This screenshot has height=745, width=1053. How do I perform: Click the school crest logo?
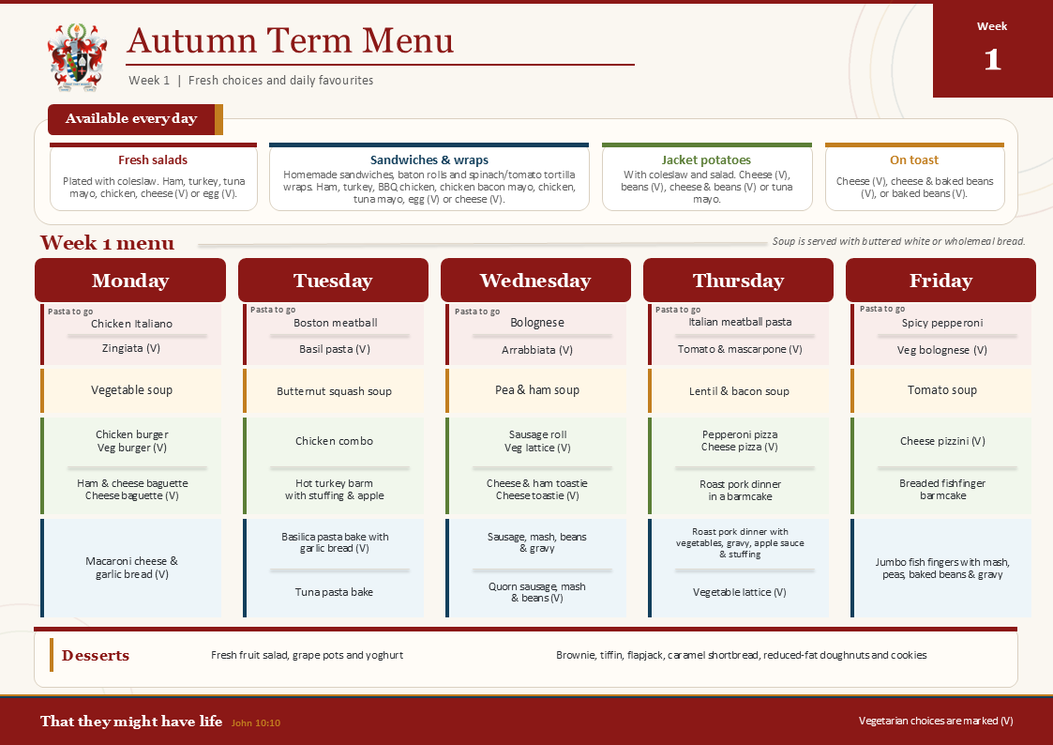pos(77,57)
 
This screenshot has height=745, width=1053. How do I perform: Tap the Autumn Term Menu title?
pos(290,40)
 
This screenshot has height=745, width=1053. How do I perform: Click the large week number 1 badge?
pos(993,60)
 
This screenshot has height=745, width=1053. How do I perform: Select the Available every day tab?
pos(131,119)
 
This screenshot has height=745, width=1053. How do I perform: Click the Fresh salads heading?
pos(153,160)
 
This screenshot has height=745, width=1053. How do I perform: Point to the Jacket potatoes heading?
pos(706,160)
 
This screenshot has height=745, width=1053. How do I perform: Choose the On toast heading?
pos(914,160)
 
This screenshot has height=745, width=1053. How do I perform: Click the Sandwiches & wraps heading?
pos(429,160)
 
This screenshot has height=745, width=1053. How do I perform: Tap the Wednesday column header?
pos(535,281)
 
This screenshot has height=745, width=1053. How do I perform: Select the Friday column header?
pos(940,281)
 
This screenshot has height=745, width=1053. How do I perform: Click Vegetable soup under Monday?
pos(131,390)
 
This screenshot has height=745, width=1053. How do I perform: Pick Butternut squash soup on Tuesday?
pos(334,391)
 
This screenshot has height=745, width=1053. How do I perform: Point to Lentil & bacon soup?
pos(739,391)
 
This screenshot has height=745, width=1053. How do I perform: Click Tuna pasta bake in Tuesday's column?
pos(334,592)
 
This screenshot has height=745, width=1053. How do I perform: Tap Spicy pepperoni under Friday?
pos(942,323)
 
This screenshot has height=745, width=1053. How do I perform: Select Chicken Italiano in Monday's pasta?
pos(131,324)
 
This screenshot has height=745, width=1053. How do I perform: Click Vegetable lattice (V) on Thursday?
pos(740,592)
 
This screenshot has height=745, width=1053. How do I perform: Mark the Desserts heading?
pos(96,656)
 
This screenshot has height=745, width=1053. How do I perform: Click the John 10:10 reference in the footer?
pos(256,722)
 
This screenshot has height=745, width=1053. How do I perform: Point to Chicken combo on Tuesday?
pos(334,441)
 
